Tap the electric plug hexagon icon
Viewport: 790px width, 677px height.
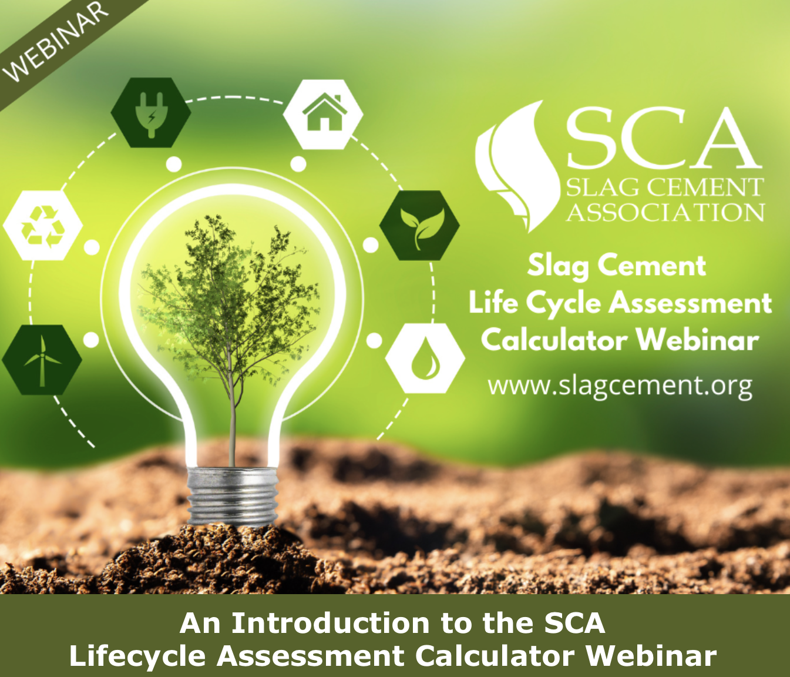click(x=151, y=113)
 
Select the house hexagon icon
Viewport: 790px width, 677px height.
click(x=323, y=115)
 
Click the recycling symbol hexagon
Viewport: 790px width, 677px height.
click(x=43, y=225)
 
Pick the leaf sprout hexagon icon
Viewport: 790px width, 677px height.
click(x=419, y=226)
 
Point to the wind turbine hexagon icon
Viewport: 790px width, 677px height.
click(x=42, y=360)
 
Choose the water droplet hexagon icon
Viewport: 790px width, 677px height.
click(x=425, y=358)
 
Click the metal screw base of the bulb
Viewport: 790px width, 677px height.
click(x=233, y=496)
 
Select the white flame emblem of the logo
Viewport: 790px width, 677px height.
click(x=516, y=166)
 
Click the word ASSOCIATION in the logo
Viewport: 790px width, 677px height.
click(x=665, y=212)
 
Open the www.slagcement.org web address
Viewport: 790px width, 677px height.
click(x=620, y=386)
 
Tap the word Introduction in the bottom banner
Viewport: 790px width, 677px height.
click(x=331, y=624)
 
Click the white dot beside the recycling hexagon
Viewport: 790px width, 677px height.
click(x=92, y=247)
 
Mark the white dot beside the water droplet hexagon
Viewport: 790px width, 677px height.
click(x=374, y=340)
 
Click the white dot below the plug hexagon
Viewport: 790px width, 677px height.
click(x=174, y=164)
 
